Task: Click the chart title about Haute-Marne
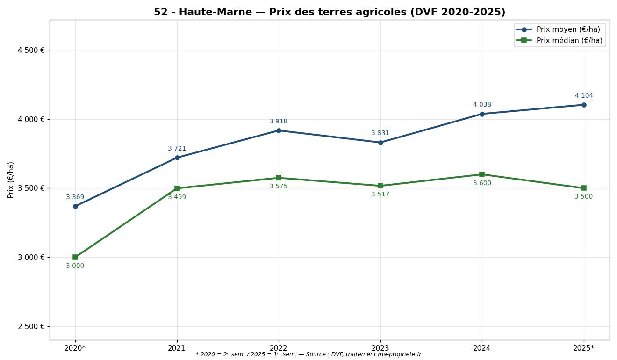(329, 13)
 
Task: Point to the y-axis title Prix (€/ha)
(11, 180)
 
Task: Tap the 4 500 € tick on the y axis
(31, 50)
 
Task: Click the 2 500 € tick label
(31, 326)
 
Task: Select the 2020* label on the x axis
(75, 348)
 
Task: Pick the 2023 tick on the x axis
(380, 348)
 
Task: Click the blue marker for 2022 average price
(279, 130)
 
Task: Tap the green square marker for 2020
(75, 257)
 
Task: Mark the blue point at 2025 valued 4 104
(584, 105)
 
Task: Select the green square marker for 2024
(482, 174)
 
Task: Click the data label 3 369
(75, 197)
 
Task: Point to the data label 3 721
(177, 149)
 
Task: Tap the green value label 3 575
(279, 187)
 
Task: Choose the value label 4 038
(482, 105)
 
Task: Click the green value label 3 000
(75, 266)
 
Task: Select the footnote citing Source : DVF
(308, 355)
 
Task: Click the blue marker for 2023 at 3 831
(380, 143)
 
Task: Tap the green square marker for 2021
(177, 188)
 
